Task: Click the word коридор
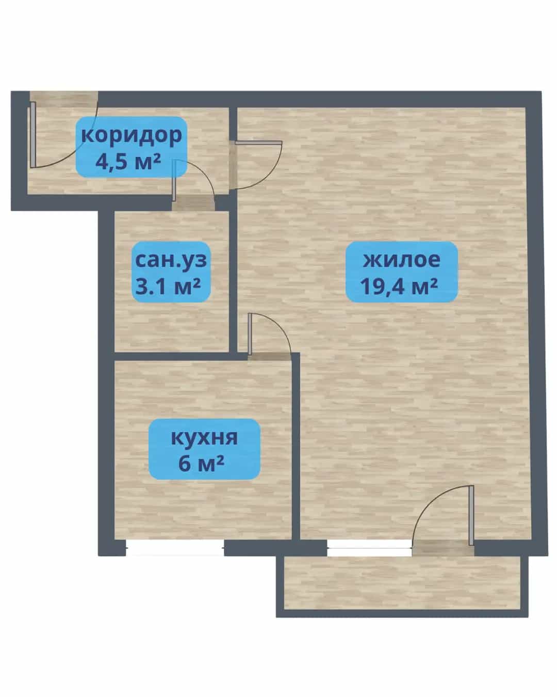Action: pos(132,135)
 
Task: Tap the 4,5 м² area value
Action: pos(128,162)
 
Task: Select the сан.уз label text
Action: pos(171,261)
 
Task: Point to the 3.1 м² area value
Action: pos(168,287)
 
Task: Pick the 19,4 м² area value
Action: pos(399,287)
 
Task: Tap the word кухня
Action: pos(204,438)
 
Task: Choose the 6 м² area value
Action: pos(201,464)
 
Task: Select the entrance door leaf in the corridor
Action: pos(33,135)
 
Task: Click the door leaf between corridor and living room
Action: pos(258,142)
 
